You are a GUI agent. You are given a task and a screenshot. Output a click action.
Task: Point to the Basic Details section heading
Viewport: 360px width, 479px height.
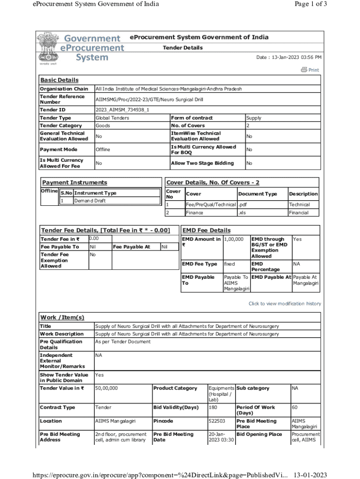(59, 80)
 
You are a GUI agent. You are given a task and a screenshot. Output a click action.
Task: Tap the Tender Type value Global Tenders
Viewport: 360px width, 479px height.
(112, 118)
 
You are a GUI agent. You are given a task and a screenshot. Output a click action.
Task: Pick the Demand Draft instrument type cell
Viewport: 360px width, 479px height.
(90, 201)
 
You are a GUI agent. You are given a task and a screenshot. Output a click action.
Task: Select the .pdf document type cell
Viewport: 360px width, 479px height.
(243, 205)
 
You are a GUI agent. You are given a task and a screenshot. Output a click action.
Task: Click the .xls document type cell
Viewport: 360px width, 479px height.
(242, 213)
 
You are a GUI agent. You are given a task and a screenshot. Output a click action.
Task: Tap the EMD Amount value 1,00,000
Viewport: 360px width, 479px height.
(234, 239)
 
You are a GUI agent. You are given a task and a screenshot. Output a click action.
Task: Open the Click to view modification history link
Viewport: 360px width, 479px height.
(285, 304)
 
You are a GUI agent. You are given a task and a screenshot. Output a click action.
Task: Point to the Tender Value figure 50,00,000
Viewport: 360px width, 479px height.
(107, 388)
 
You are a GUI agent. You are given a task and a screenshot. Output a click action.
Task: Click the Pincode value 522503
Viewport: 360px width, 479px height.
(217, 421)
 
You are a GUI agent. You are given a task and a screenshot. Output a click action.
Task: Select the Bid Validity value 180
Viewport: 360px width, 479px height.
(213, 407)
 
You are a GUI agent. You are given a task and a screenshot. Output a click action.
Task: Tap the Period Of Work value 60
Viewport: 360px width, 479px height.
(295, 407)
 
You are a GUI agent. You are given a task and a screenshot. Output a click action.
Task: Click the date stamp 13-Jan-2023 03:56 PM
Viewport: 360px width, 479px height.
(288, 58)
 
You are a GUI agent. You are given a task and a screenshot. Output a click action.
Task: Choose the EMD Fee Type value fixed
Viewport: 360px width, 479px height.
(229, 264)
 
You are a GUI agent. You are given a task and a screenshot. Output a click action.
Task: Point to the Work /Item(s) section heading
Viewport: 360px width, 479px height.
(62, 318)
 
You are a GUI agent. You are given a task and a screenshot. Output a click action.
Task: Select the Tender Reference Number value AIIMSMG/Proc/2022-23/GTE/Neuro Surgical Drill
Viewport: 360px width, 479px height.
(149, 100)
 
